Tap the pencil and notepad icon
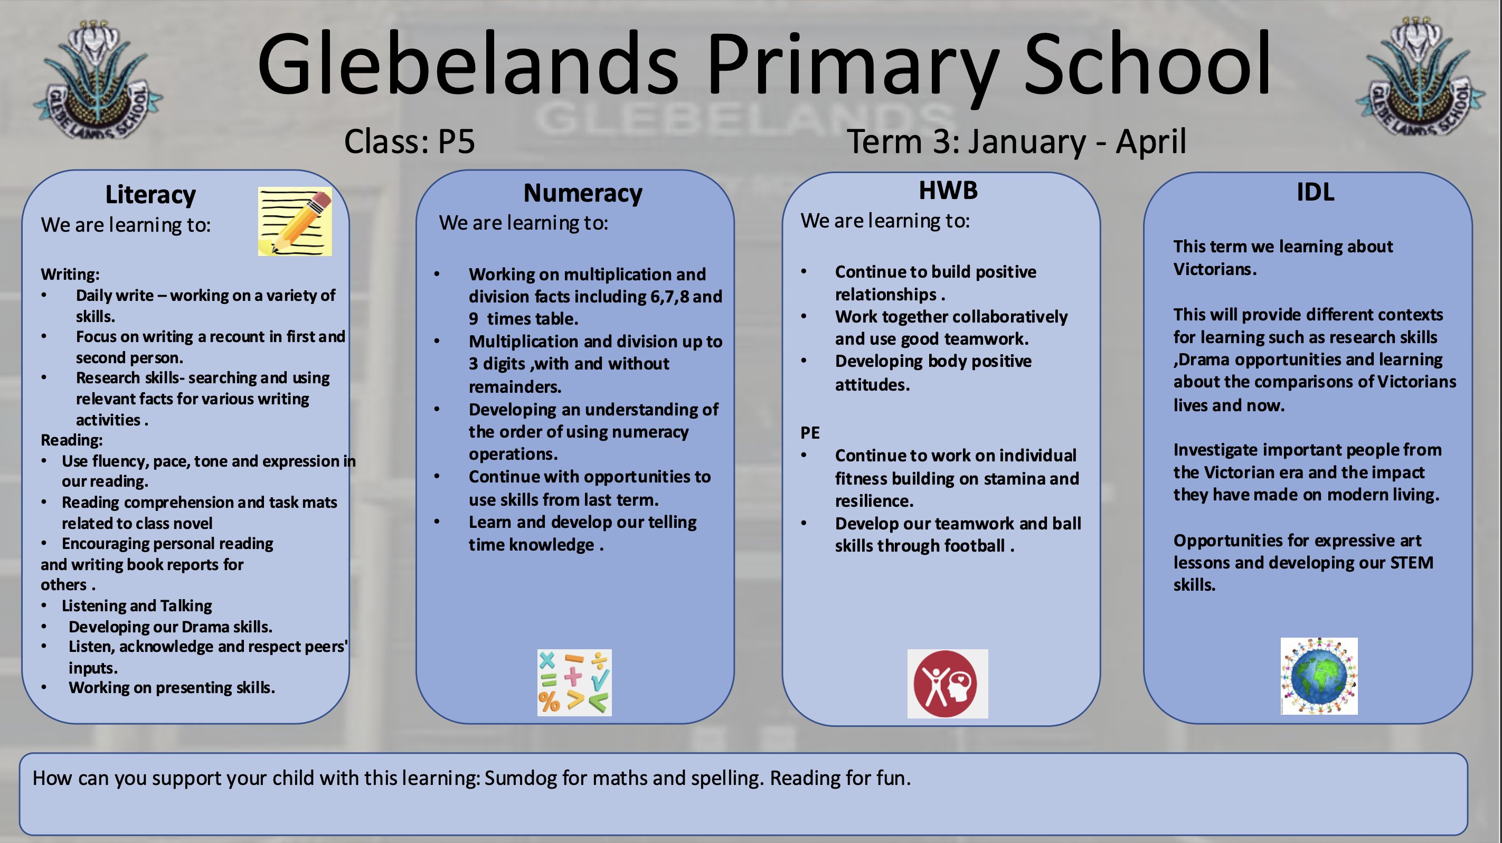click(295, 222)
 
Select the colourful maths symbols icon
click(574, 683)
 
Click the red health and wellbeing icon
click(947, 684)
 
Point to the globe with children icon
click(1319, 676)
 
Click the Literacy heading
click(150, 195)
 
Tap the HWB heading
click(948, 191)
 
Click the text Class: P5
click(409, 141)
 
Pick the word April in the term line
click(1150, 141)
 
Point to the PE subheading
click(810, 432)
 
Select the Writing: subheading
click(70, 274)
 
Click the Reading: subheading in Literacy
click(71, 440)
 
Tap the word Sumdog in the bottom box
click(520, 778)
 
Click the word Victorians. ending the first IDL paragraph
click(1215, 269)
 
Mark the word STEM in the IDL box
click(1411, 563)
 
